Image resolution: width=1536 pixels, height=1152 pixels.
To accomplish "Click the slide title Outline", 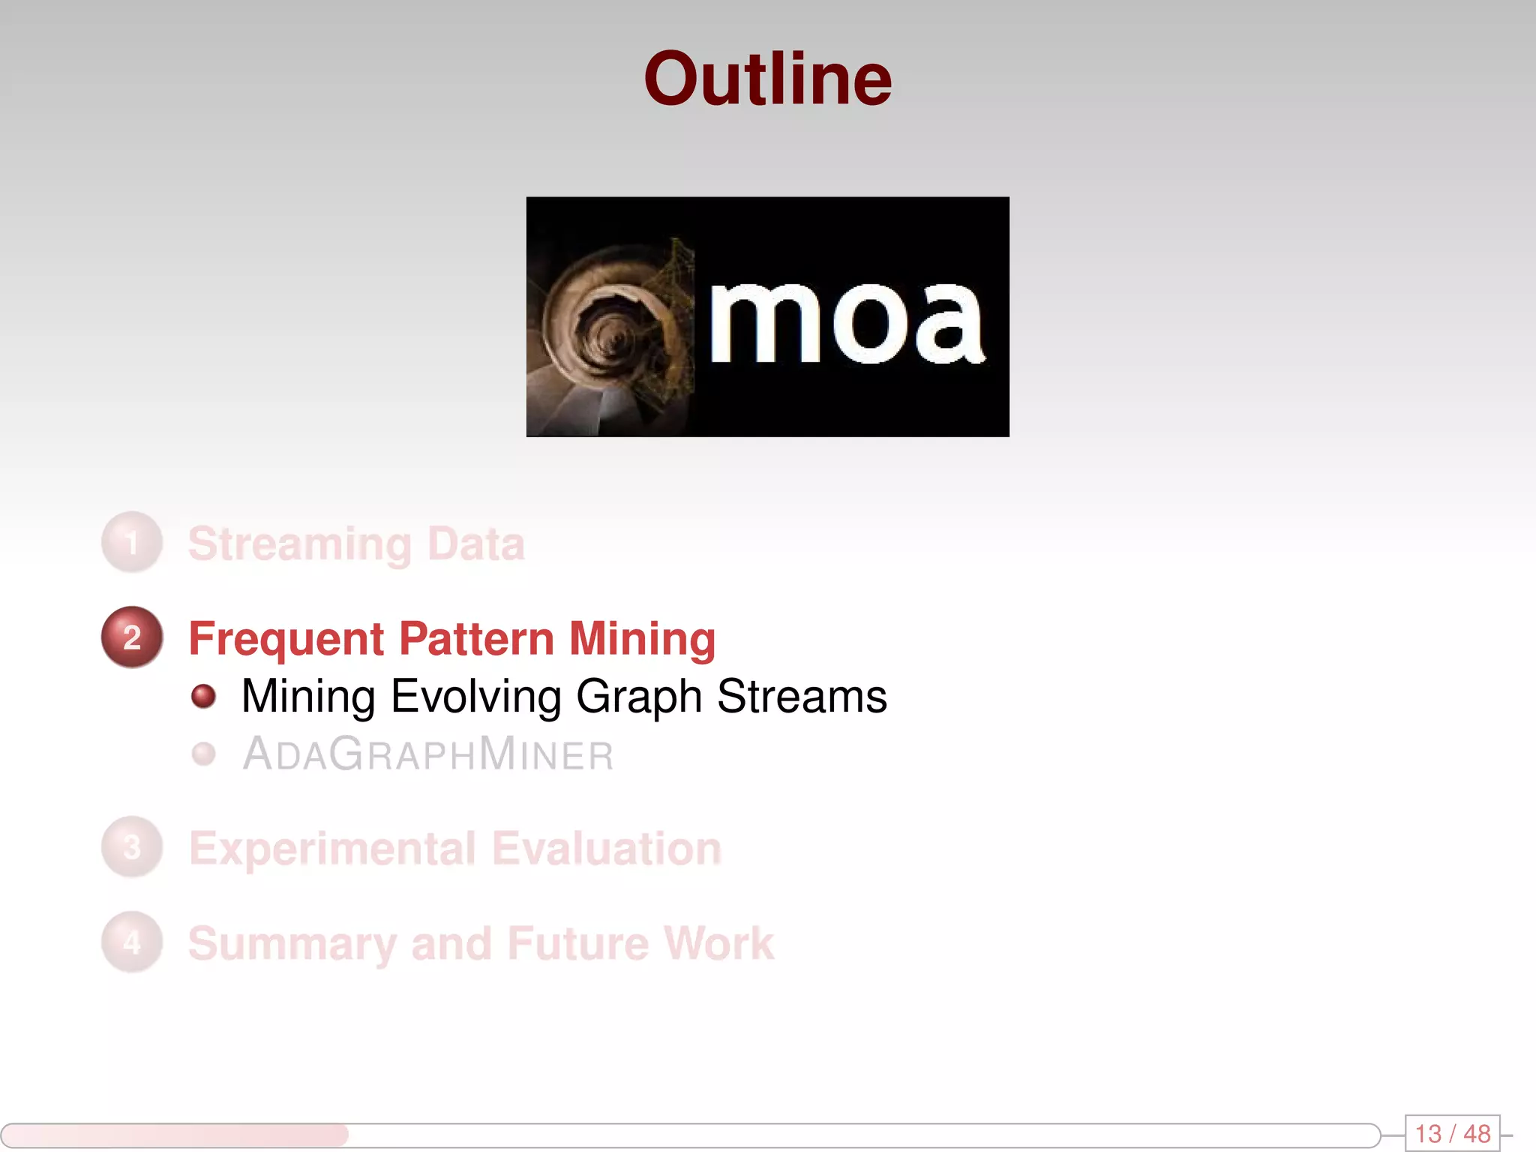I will tap(767, 79).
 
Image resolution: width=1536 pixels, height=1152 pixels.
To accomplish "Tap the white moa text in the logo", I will tap(846, 324).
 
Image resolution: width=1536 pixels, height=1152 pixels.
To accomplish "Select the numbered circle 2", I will tap(132, 637).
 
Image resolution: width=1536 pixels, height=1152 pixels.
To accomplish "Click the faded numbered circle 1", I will tap(132, 542).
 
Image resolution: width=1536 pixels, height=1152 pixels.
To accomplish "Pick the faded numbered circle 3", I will tap(132, 847).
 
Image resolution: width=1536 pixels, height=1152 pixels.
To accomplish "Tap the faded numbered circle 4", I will tap(132, 943).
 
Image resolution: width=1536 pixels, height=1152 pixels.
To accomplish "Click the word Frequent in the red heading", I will tap(286, 639).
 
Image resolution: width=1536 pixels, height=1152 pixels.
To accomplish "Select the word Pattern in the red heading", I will tap(476, 639).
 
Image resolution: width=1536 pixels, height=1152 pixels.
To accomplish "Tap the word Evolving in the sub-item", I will tap(476, 696).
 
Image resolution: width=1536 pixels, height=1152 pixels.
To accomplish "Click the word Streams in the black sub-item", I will tap(802, 696).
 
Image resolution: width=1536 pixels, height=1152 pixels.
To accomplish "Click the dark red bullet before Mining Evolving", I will tap(203, 696).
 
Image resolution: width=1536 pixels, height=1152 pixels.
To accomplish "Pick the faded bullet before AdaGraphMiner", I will tap(203, 754).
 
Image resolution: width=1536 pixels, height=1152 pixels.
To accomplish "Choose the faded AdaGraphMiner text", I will tap(428, 754).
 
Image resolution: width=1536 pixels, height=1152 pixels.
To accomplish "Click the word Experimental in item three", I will tap(332, 849).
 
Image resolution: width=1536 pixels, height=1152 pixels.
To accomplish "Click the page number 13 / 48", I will tap(1452, 1133).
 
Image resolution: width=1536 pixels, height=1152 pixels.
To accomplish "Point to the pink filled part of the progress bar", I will tap(174, 1135).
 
